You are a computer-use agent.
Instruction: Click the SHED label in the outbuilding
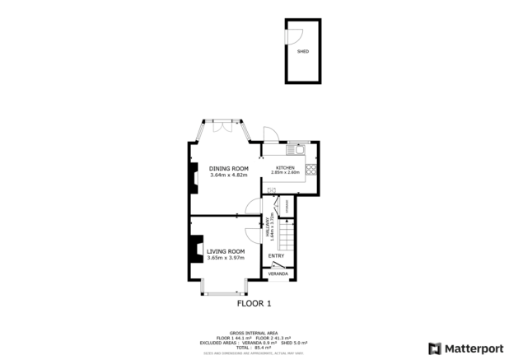[303, 51]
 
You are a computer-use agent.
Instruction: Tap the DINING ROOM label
[228, 169]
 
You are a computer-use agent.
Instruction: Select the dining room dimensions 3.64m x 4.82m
[228, 175]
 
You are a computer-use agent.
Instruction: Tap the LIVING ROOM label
[226, 250]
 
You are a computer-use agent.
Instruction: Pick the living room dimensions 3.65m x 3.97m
[226, 257]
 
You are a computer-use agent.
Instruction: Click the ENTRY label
[277, 256]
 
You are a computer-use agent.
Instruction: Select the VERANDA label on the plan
[278, 274]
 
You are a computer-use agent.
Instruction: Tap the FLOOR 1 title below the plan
[254, 303]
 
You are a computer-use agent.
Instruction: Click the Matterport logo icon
[433, 347]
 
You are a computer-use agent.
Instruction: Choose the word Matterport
[473, 347]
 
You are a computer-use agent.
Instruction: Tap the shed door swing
[294, 35]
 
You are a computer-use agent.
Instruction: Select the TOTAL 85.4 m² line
[254, 347]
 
